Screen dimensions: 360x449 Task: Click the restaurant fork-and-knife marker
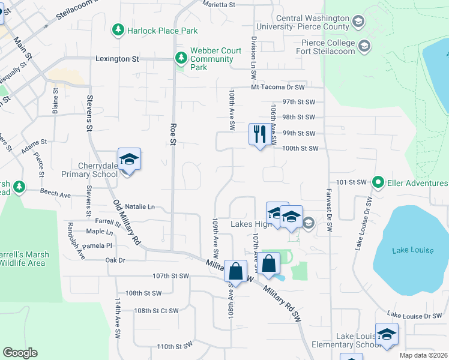tap(259, 134)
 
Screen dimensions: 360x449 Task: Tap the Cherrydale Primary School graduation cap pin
tap(129, 159)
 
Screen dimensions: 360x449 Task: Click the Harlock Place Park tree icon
tap(118, 29)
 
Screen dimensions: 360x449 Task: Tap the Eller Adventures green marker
tap(378, 181)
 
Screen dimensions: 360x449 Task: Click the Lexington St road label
tap(117, 59)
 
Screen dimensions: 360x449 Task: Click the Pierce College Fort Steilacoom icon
tap(364, 46)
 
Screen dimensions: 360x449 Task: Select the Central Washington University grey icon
tap(358, 23)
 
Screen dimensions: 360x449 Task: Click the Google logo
tap(20, 353)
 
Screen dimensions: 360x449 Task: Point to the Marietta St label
tap(218, 4)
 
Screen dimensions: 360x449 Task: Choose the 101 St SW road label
tap(352, 181)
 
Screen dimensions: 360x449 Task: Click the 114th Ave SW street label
tap(117, 324)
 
